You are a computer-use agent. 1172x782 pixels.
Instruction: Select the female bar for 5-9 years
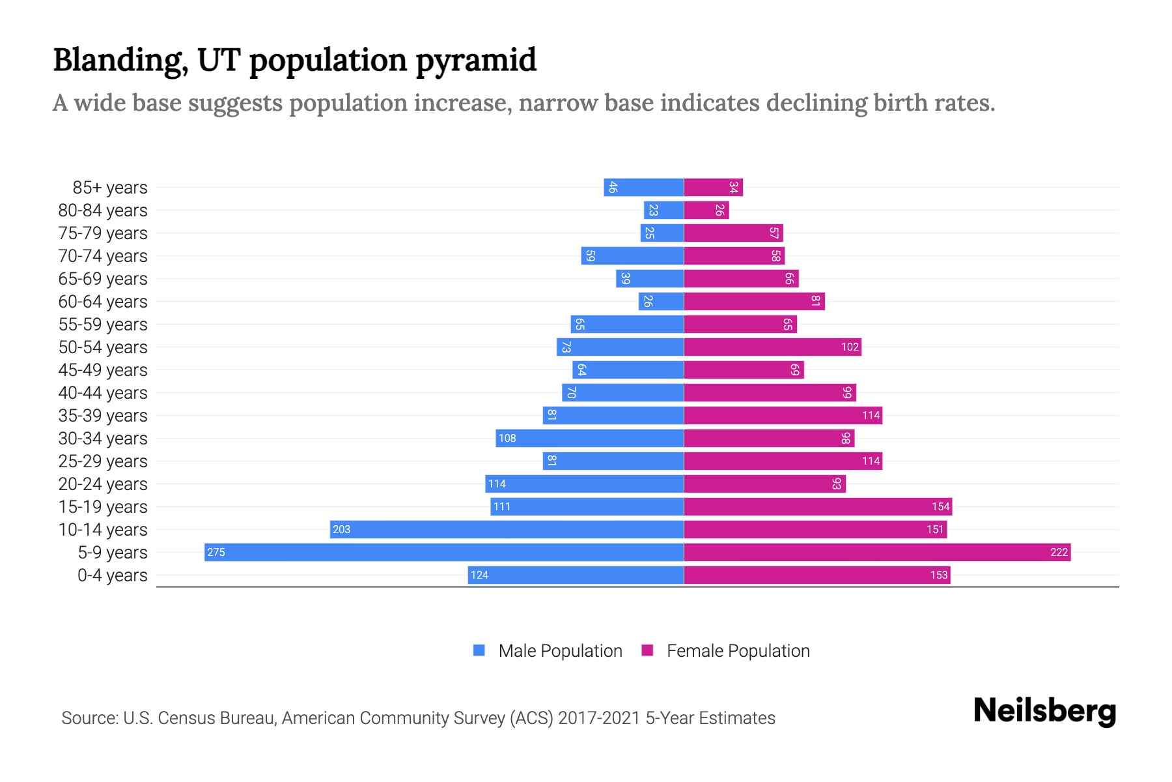click(x=877, y=552)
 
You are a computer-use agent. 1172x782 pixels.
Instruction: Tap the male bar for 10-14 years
click(x=507, y=529)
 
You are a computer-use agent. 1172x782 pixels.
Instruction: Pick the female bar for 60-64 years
click(x=754, y=301)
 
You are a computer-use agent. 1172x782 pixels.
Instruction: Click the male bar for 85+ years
click(x=643, y=187)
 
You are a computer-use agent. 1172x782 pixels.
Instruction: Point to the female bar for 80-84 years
click(x=706, y=210)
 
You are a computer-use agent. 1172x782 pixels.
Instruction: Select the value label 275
click(x=216, y=552)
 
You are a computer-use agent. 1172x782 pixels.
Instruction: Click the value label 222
click(x=1059, y=552)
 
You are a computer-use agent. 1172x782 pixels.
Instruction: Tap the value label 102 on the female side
click(x=850, y=347)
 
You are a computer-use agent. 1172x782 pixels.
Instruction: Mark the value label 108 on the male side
click(x=507, y=438)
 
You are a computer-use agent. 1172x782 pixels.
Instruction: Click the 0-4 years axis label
click(x=112, y=575)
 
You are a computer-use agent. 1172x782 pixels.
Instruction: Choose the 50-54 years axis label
click(x=103, y=347)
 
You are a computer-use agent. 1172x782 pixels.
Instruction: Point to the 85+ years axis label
click(x=110, y=187)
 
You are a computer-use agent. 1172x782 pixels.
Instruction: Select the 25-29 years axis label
click(x=103, y=461)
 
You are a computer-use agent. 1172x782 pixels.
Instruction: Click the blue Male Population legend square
click(x=479, y=650)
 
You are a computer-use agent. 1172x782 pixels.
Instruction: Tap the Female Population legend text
click(x=738, y=650)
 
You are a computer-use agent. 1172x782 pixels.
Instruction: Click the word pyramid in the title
click(x=476, y=60)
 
